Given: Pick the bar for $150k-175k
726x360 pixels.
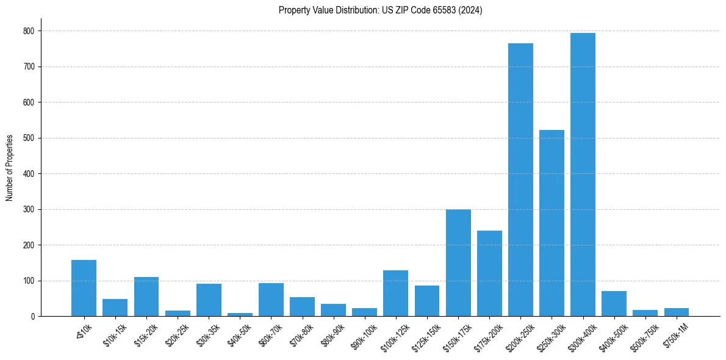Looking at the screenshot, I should click(458, 263).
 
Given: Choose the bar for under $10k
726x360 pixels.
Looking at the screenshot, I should click(84, 288).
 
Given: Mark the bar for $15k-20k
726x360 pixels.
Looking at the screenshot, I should click(146, 297).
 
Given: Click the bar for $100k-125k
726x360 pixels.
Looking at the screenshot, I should click(396, 293).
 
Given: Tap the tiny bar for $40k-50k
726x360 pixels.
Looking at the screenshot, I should click(240, 314).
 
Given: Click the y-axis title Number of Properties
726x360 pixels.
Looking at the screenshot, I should click(10, 167).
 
